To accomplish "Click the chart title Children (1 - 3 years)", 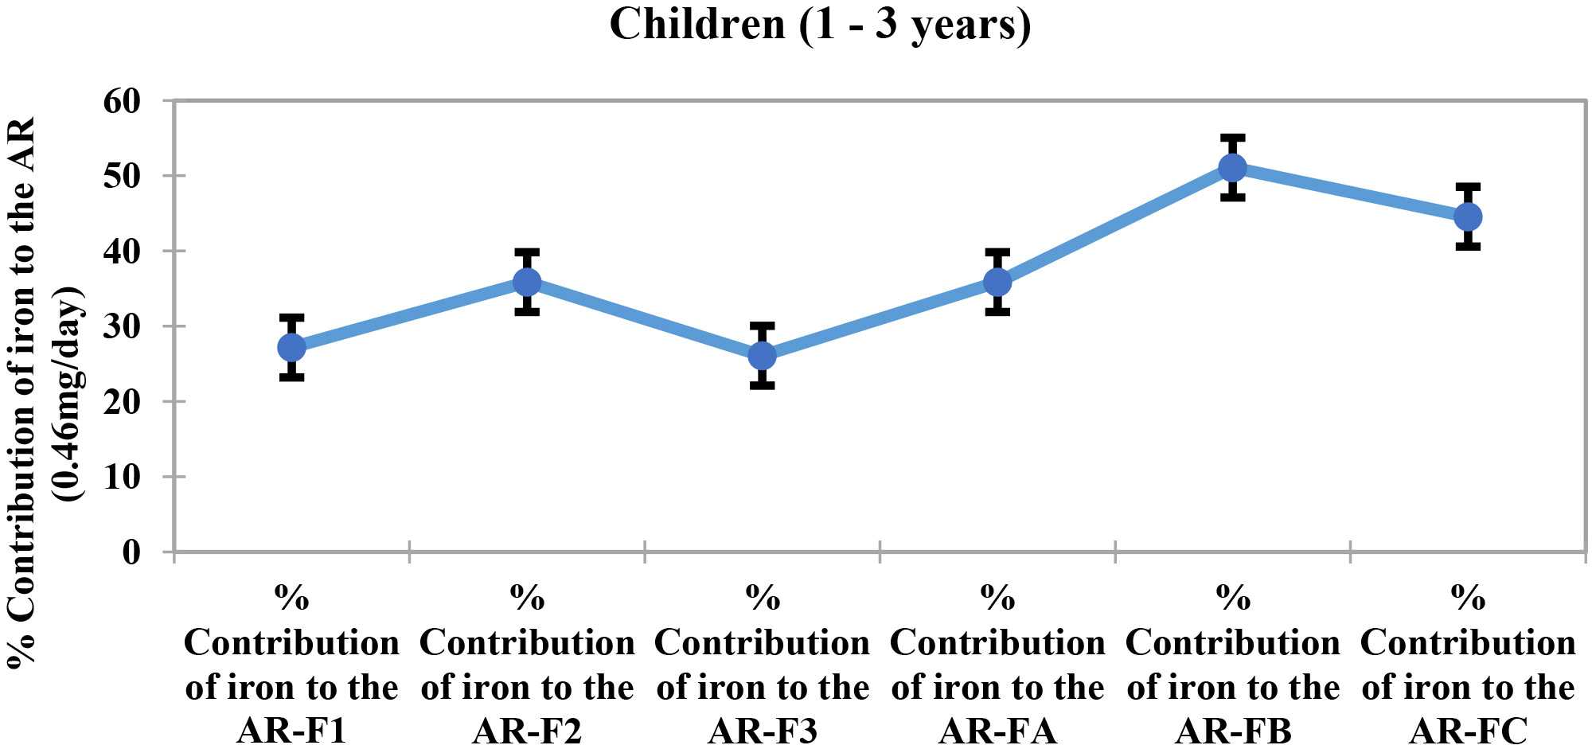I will (820, 24).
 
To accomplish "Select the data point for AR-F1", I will (292, 347).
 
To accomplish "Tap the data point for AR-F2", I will (527, 282).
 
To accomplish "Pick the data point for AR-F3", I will (763, 356).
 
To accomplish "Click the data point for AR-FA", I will (997, 282).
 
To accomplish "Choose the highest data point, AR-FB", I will (1232, 167).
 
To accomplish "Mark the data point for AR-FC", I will (1468, 217).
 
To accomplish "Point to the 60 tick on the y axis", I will (122, 101).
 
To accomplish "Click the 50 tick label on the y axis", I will (122, 176).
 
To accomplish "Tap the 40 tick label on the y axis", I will (122, 252).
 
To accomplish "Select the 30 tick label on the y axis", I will (122, 326).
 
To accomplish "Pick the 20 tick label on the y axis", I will (122, 402).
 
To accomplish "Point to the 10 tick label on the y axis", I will (122, 477).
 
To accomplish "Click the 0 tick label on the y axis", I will (131, 552).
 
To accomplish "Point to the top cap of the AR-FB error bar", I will (1232, 138).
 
